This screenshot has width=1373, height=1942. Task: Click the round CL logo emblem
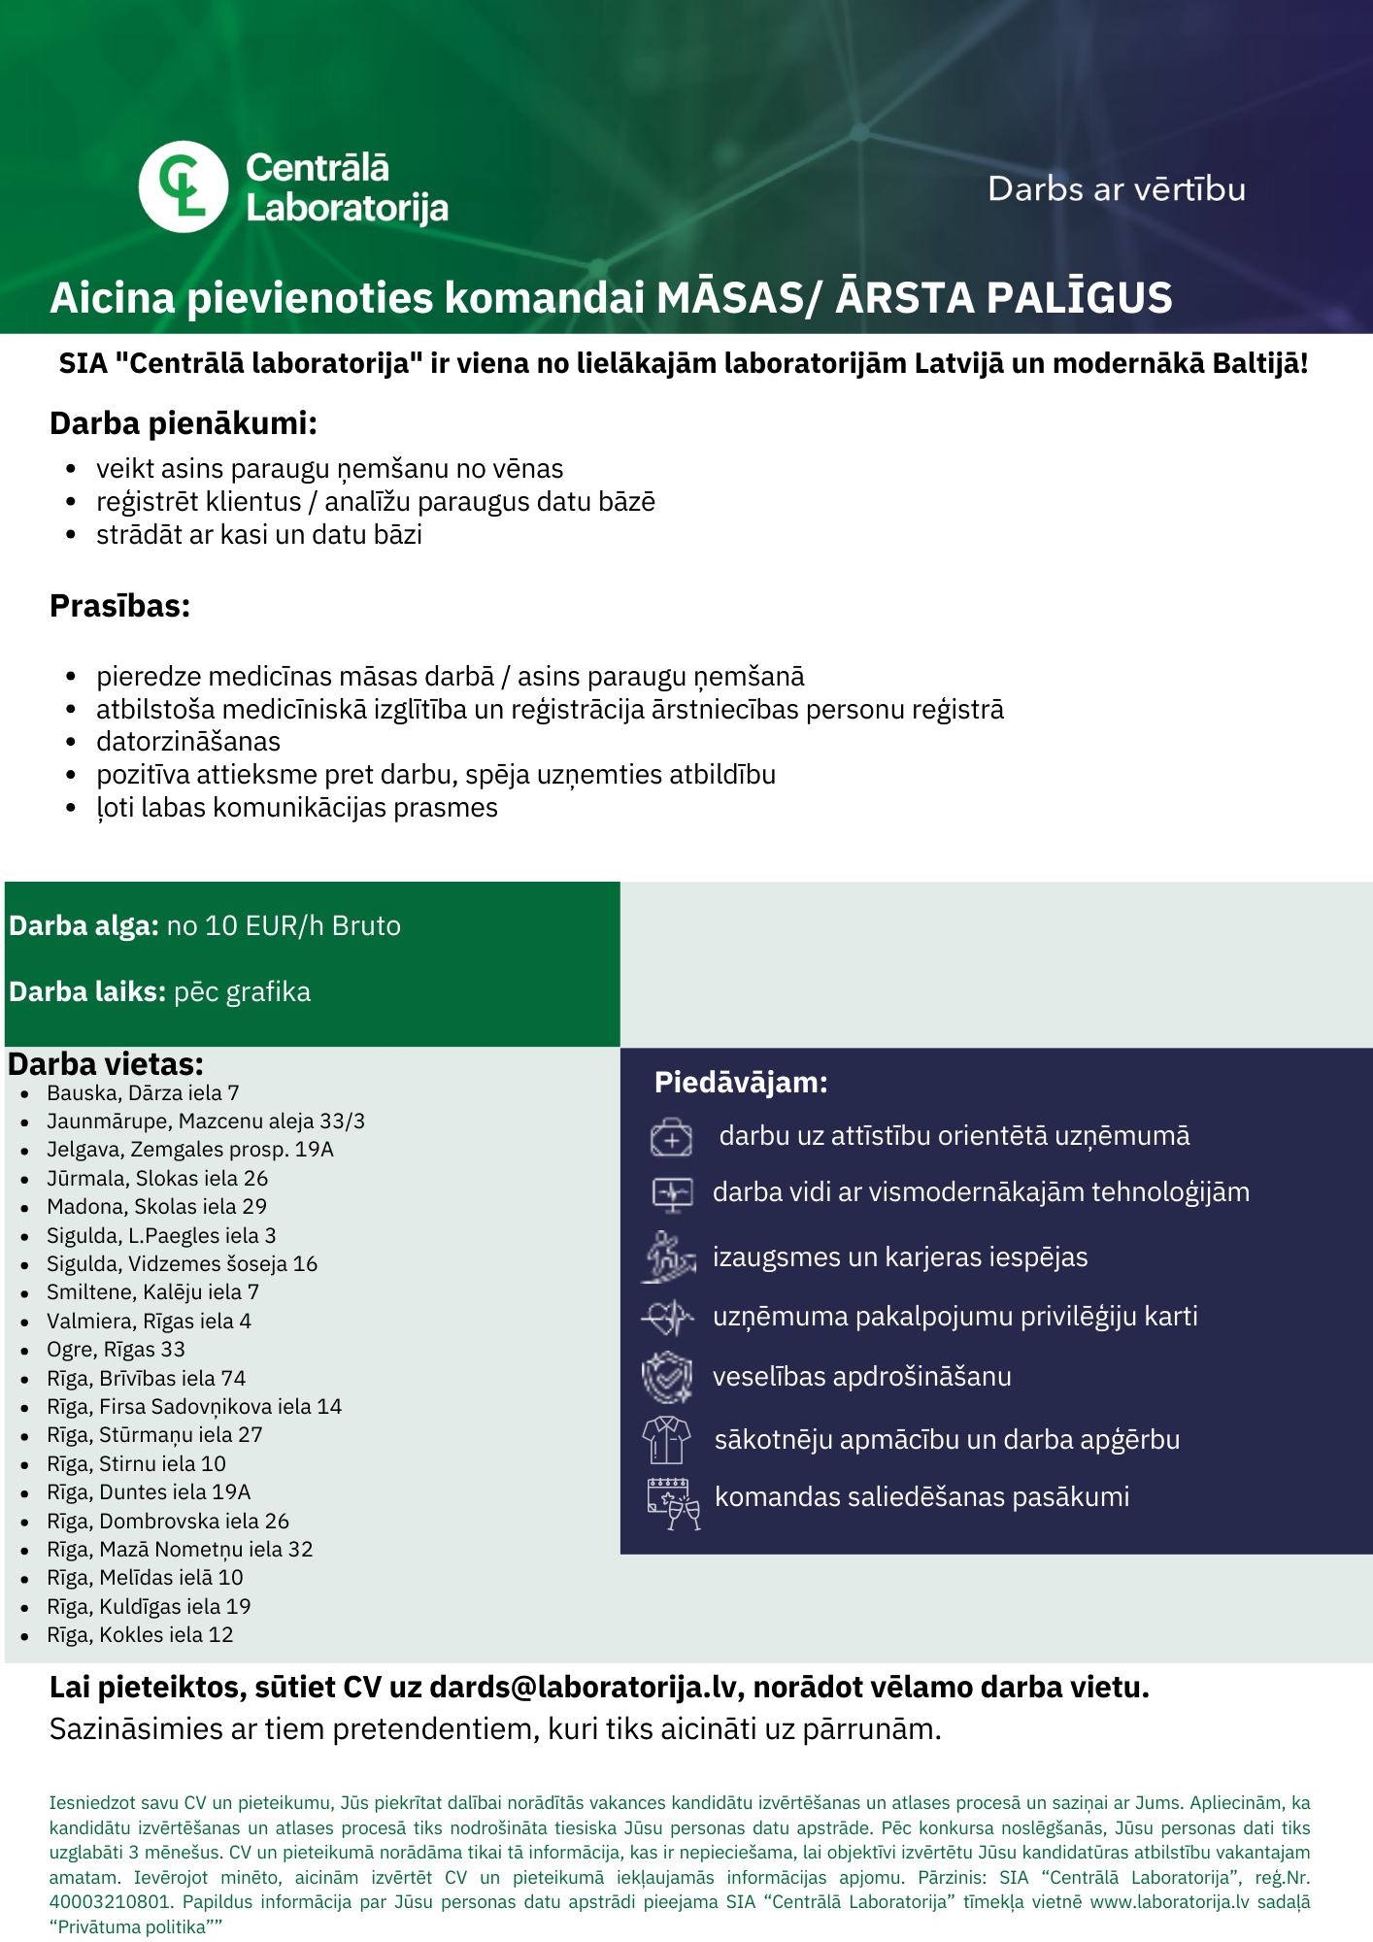click(x=184, y=186)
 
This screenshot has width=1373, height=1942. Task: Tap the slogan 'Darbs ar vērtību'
click(x=1116, y=189)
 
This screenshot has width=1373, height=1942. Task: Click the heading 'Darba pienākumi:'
click(x=184, y=423)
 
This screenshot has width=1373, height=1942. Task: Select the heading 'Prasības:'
click(x=119, y=606)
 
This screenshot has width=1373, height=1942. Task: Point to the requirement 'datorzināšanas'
click(x=188, y=742)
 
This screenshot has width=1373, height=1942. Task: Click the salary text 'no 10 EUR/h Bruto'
click(x=284, y=925)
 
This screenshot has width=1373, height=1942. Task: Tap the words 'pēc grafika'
click(x=242, y=991)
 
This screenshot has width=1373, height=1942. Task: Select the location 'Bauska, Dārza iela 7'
click(x=143, y=1092)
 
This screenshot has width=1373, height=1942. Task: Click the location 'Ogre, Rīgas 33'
click(x=116, y=1349)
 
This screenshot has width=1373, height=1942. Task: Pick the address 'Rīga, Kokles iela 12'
click(x=140, y=1634)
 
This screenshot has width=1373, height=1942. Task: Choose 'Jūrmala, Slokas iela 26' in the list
click(x=157, y=1178)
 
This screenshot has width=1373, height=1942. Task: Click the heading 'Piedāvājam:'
click(x=741, y=1082)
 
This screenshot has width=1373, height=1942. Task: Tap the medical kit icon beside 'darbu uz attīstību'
click(x=671, y=1137)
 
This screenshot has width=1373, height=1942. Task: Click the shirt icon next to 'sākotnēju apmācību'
click(x=667, y=1439)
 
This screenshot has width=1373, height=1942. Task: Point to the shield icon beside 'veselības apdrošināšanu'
click(x=667, y=1377)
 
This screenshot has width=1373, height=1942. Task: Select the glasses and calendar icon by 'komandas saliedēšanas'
click(x=672, y=1502)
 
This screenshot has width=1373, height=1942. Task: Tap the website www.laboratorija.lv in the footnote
click(x=1169, y=1901)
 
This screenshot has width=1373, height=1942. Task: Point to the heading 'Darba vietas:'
click(x=106, y=1064)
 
